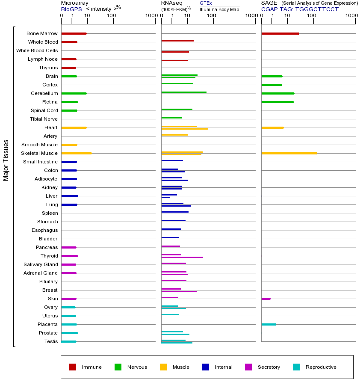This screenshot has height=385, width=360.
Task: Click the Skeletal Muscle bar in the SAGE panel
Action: (x=289, y=153)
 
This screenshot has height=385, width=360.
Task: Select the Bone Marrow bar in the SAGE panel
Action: (x=280, y=33)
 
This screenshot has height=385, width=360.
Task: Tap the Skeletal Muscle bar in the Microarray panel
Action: (x=77, y=153)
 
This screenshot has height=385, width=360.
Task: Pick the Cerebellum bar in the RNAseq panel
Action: (x=184, y=92)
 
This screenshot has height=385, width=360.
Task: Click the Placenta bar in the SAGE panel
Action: (x=269, y=324)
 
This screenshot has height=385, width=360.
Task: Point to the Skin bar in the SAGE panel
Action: (x=266, y=299)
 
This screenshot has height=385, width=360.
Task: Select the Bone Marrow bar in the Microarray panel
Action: (x=74, y=33)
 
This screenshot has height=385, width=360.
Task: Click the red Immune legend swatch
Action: (x=73, y=367)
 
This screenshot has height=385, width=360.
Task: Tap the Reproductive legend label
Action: (x=321, y=367)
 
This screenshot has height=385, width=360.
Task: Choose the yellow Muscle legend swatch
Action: (x=163, y=367)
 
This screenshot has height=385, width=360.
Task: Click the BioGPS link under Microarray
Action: (x=71, y=9)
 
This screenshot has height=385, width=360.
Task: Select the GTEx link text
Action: (x=206, y=3)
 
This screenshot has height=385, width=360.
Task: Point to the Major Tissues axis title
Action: (x=6, y=160)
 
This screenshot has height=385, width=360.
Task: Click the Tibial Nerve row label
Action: (x=44, y=119)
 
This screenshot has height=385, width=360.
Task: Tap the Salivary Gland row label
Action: (x=41, y=264)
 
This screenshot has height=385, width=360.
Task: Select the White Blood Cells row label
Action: (x=37, y=50)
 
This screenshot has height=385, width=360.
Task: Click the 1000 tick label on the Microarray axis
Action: (x=150, y=16)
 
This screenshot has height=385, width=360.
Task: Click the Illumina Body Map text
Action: (x=219, y=9)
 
